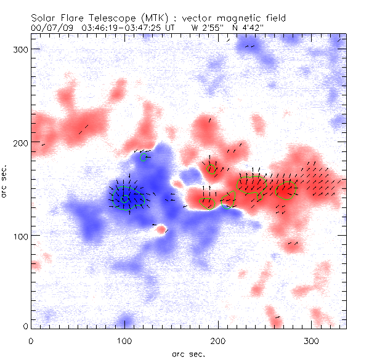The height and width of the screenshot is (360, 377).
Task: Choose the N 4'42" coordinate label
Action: [x=249, y=28]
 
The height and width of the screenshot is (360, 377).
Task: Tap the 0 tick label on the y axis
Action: [x=25, y=326]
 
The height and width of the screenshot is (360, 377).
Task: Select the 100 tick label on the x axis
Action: [x=124, y=340]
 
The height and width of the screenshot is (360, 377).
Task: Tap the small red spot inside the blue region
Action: [x=161, y=230]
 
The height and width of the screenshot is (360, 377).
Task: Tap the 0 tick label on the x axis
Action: [x=31, y=340]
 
